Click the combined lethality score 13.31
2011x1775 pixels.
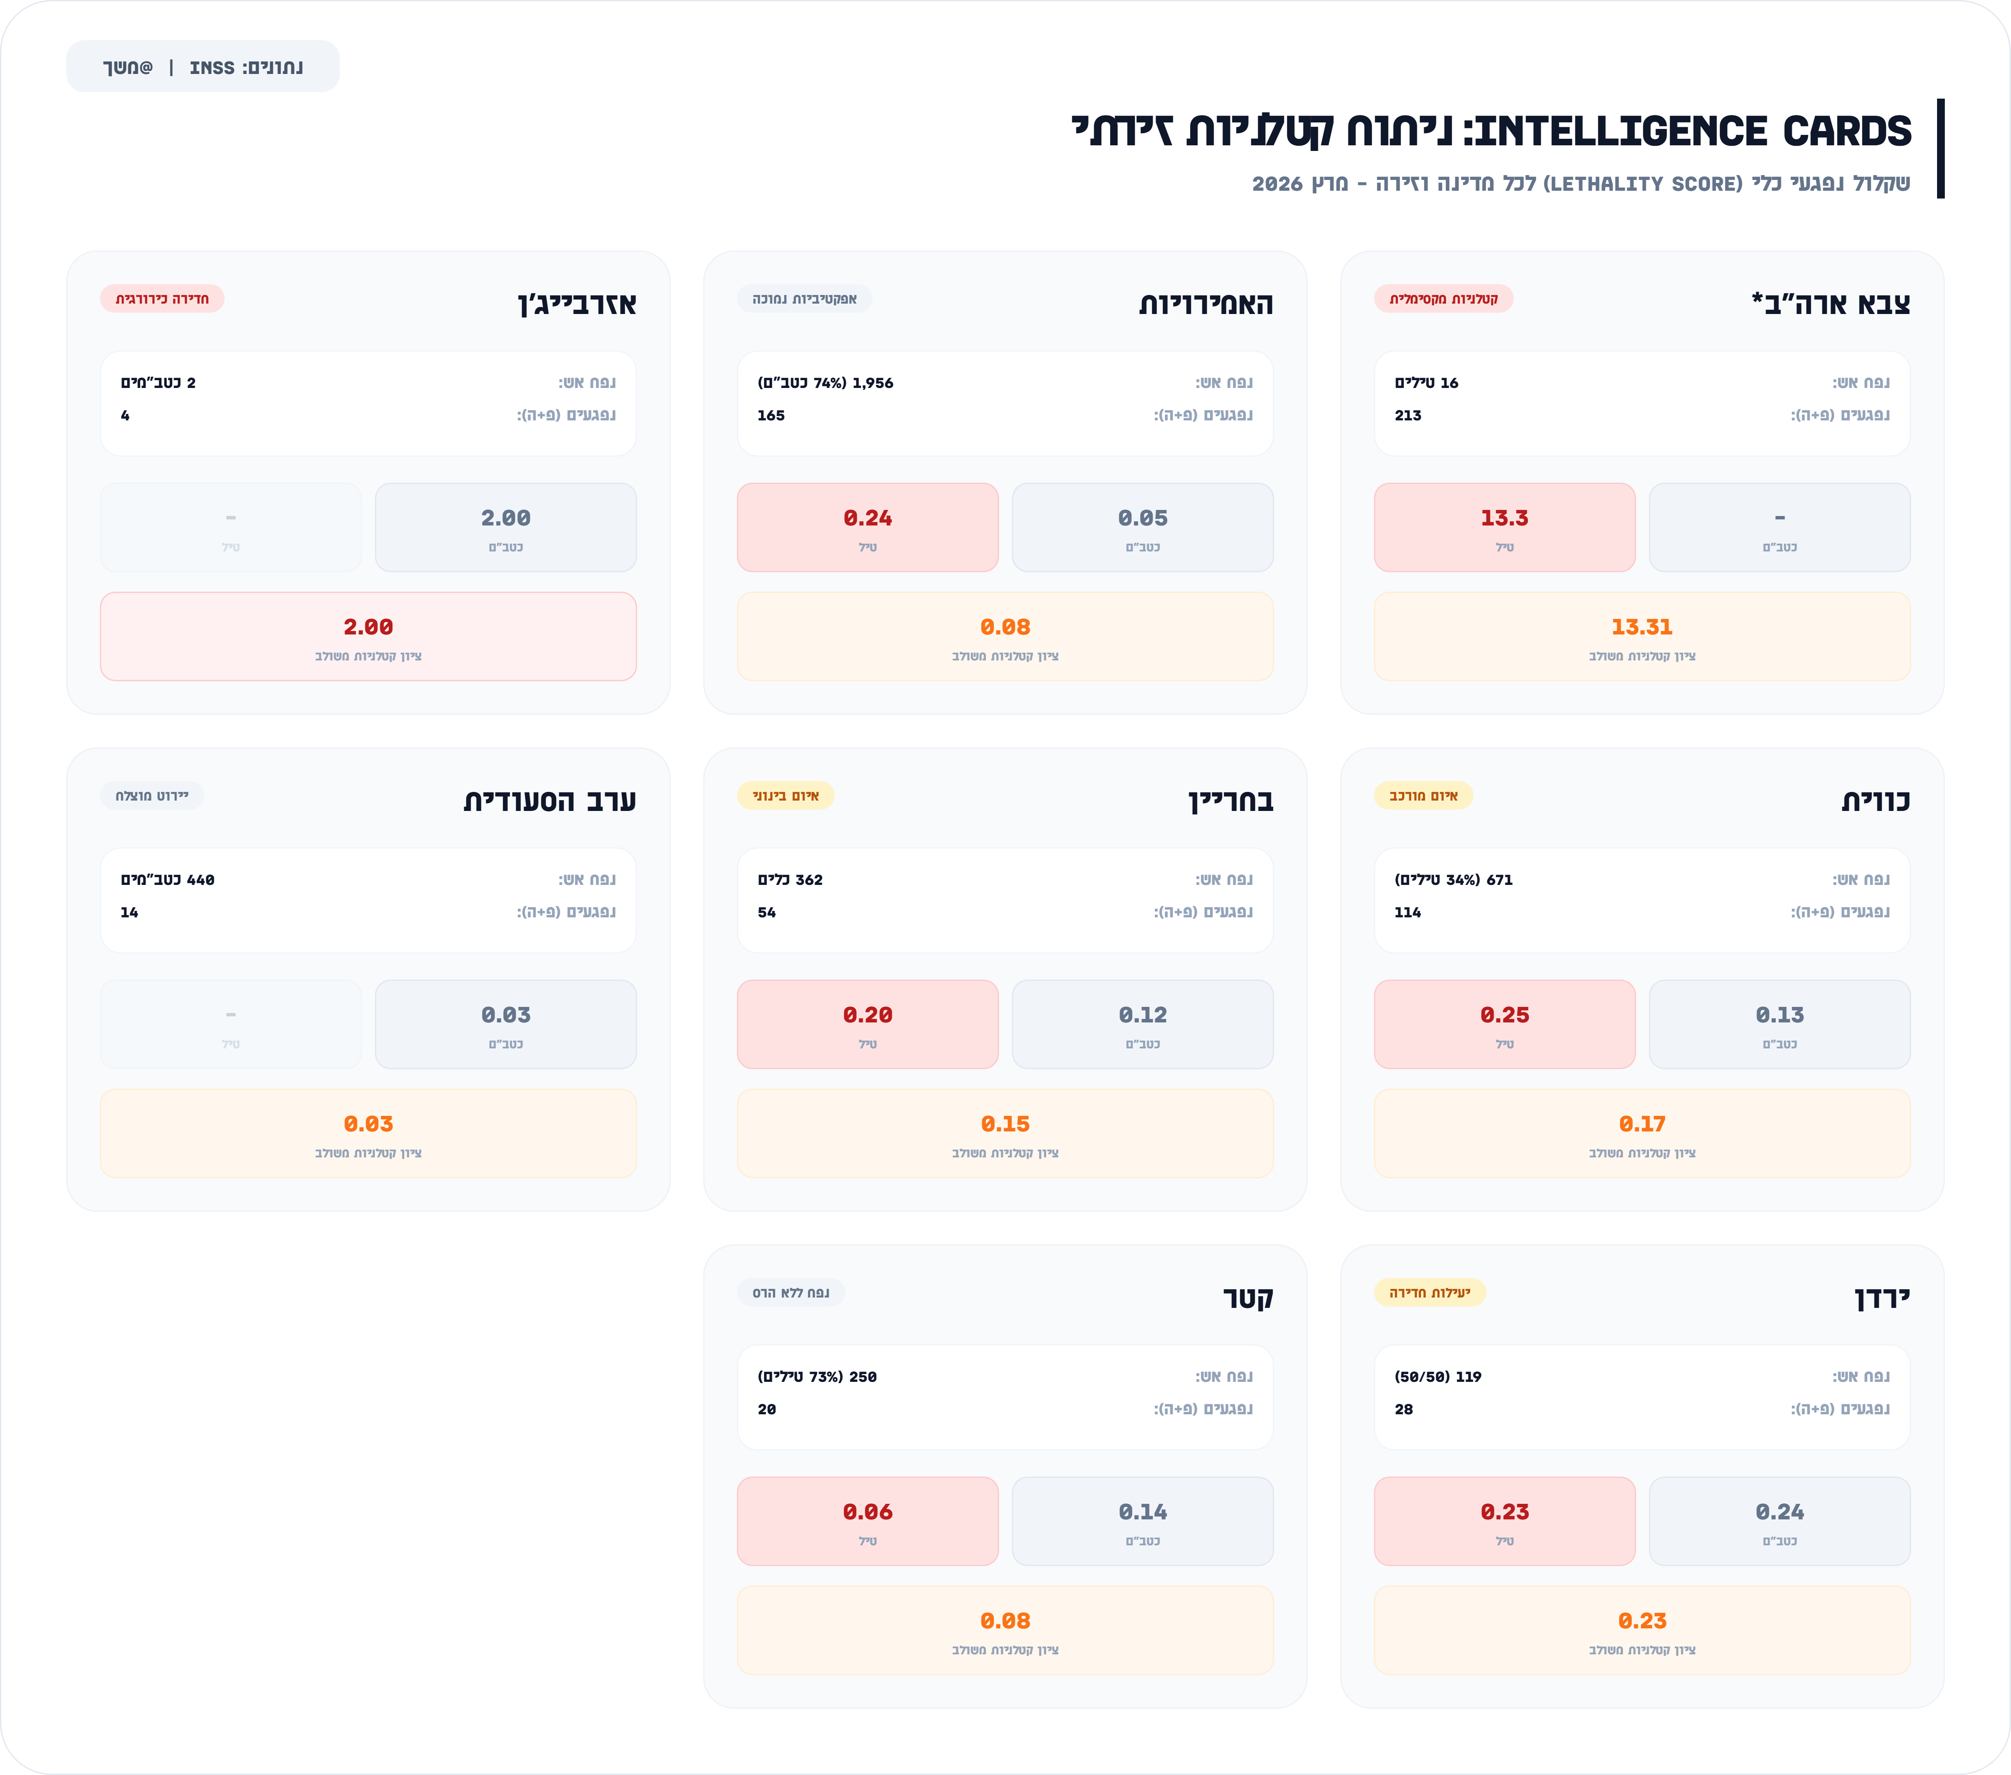(x=1641, y=627)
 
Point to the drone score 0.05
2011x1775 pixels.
(x=1142, y=518)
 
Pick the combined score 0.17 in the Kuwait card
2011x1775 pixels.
(x=1641, y=1124)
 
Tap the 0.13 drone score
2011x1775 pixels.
(x=1779, y=1014)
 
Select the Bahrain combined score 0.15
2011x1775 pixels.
(x=1005, y=1124)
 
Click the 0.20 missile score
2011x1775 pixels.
(x=867, y=1014)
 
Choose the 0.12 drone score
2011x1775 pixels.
(x=1142, y=1014)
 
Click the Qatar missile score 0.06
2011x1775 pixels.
(x=867, y=1511)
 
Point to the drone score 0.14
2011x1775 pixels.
(x=1142, y=1511)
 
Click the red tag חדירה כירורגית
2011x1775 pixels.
(x=162, y=298)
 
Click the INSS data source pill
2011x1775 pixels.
(x=203, y=67)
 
